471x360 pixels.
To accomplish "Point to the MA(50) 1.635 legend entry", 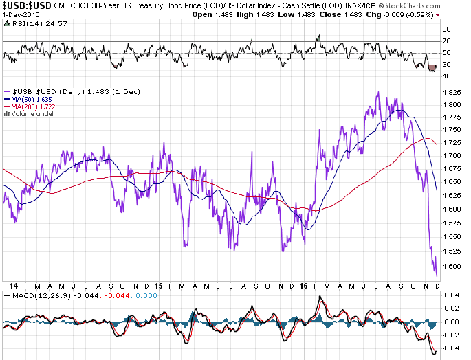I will pos(30,99).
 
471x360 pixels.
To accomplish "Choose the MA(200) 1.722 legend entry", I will pos(32,106).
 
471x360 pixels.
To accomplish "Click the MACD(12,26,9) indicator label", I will pos(35,295).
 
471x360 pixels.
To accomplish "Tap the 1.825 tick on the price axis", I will pos(452,92).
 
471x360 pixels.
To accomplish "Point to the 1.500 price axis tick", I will pos(452,267).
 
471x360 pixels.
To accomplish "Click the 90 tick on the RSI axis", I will pos(446,30).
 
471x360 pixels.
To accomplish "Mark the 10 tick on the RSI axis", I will pos(446,76).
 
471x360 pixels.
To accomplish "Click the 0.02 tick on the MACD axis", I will pos(450,308).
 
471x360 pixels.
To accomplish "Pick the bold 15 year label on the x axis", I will pos(159,285).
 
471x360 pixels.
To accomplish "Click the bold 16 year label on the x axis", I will pos(303,285).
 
